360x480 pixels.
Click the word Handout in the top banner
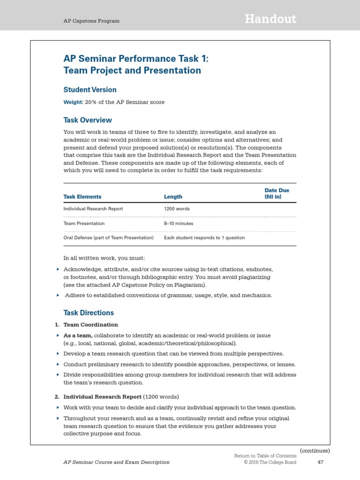[x=270, y=19]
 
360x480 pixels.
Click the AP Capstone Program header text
[x=91, y=21]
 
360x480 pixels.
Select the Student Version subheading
[x=90, y=90]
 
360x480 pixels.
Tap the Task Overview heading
[x=88, y=120]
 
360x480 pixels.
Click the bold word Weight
[x=73, y=102]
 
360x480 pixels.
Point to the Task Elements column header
[x=82, y=197]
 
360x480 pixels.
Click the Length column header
[x=173, y=197]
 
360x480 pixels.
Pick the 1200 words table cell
[x=177, y=209]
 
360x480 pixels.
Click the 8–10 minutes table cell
[x=179, y=224]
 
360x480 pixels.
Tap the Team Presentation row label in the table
[x=84, y=224]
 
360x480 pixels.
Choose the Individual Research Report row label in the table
[x=93, y=209]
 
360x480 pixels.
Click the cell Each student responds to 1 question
[x=204, y=238]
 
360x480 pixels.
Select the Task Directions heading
[x=89, y=313]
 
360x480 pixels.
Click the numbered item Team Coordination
[x=90, y=324]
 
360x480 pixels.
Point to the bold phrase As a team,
[x=78, y=336]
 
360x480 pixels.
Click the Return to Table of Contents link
[x=265, y=456]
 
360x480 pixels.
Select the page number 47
[x=321, y=462]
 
